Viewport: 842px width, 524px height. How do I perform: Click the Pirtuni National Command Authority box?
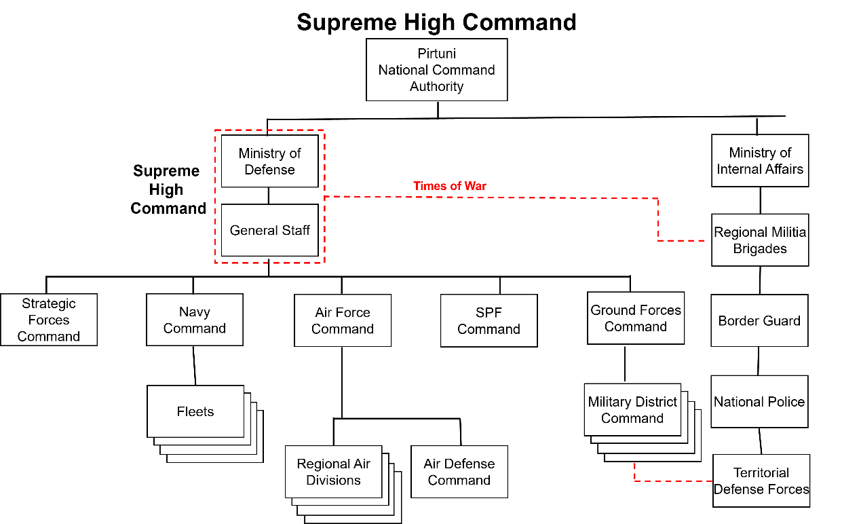click(436, 70)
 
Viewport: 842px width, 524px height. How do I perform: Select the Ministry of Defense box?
click(269, 161)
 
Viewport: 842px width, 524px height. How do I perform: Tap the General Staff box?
click(269, 230)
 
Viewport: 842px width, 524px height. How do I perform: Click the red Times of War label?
click(450, 186)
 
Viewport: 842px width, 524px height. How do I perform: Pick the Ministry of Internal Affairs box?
click(760, 161)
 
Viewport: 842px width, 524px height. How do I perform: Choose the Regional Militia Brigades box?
click(760, 240)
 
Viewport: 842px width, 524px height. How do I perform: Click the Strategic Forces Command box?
click(49, 320)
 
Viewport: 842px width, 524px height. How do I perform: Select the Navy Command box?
click(195, 320)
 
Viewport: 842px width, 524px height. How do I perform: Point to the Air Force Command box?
click(343, 320)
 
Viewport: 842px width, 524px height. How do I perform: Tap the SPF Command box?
click(489, 320)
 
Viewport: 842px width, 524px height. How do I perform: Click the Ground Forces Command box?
click(636, 318)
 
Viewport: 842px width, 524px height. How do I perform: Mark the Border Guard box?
click(759, 320)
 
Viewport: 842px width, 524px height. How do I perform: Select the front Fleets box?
click(195, 411)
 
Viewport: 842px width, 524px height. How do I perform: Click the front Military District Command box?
click(632, 410)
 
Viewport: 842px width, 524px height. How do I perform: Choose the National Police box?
click(759, 402)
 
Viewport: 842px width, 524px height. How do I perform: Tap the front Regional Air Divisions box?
click(333, 472)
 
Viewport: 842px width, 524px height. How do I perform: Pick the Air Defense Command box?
click(459, 472)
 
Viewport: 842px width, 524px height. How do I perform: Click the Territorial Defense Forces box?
click(761, 481)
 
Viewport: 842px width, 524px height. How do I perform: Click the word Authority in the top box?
click(436, 87)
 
